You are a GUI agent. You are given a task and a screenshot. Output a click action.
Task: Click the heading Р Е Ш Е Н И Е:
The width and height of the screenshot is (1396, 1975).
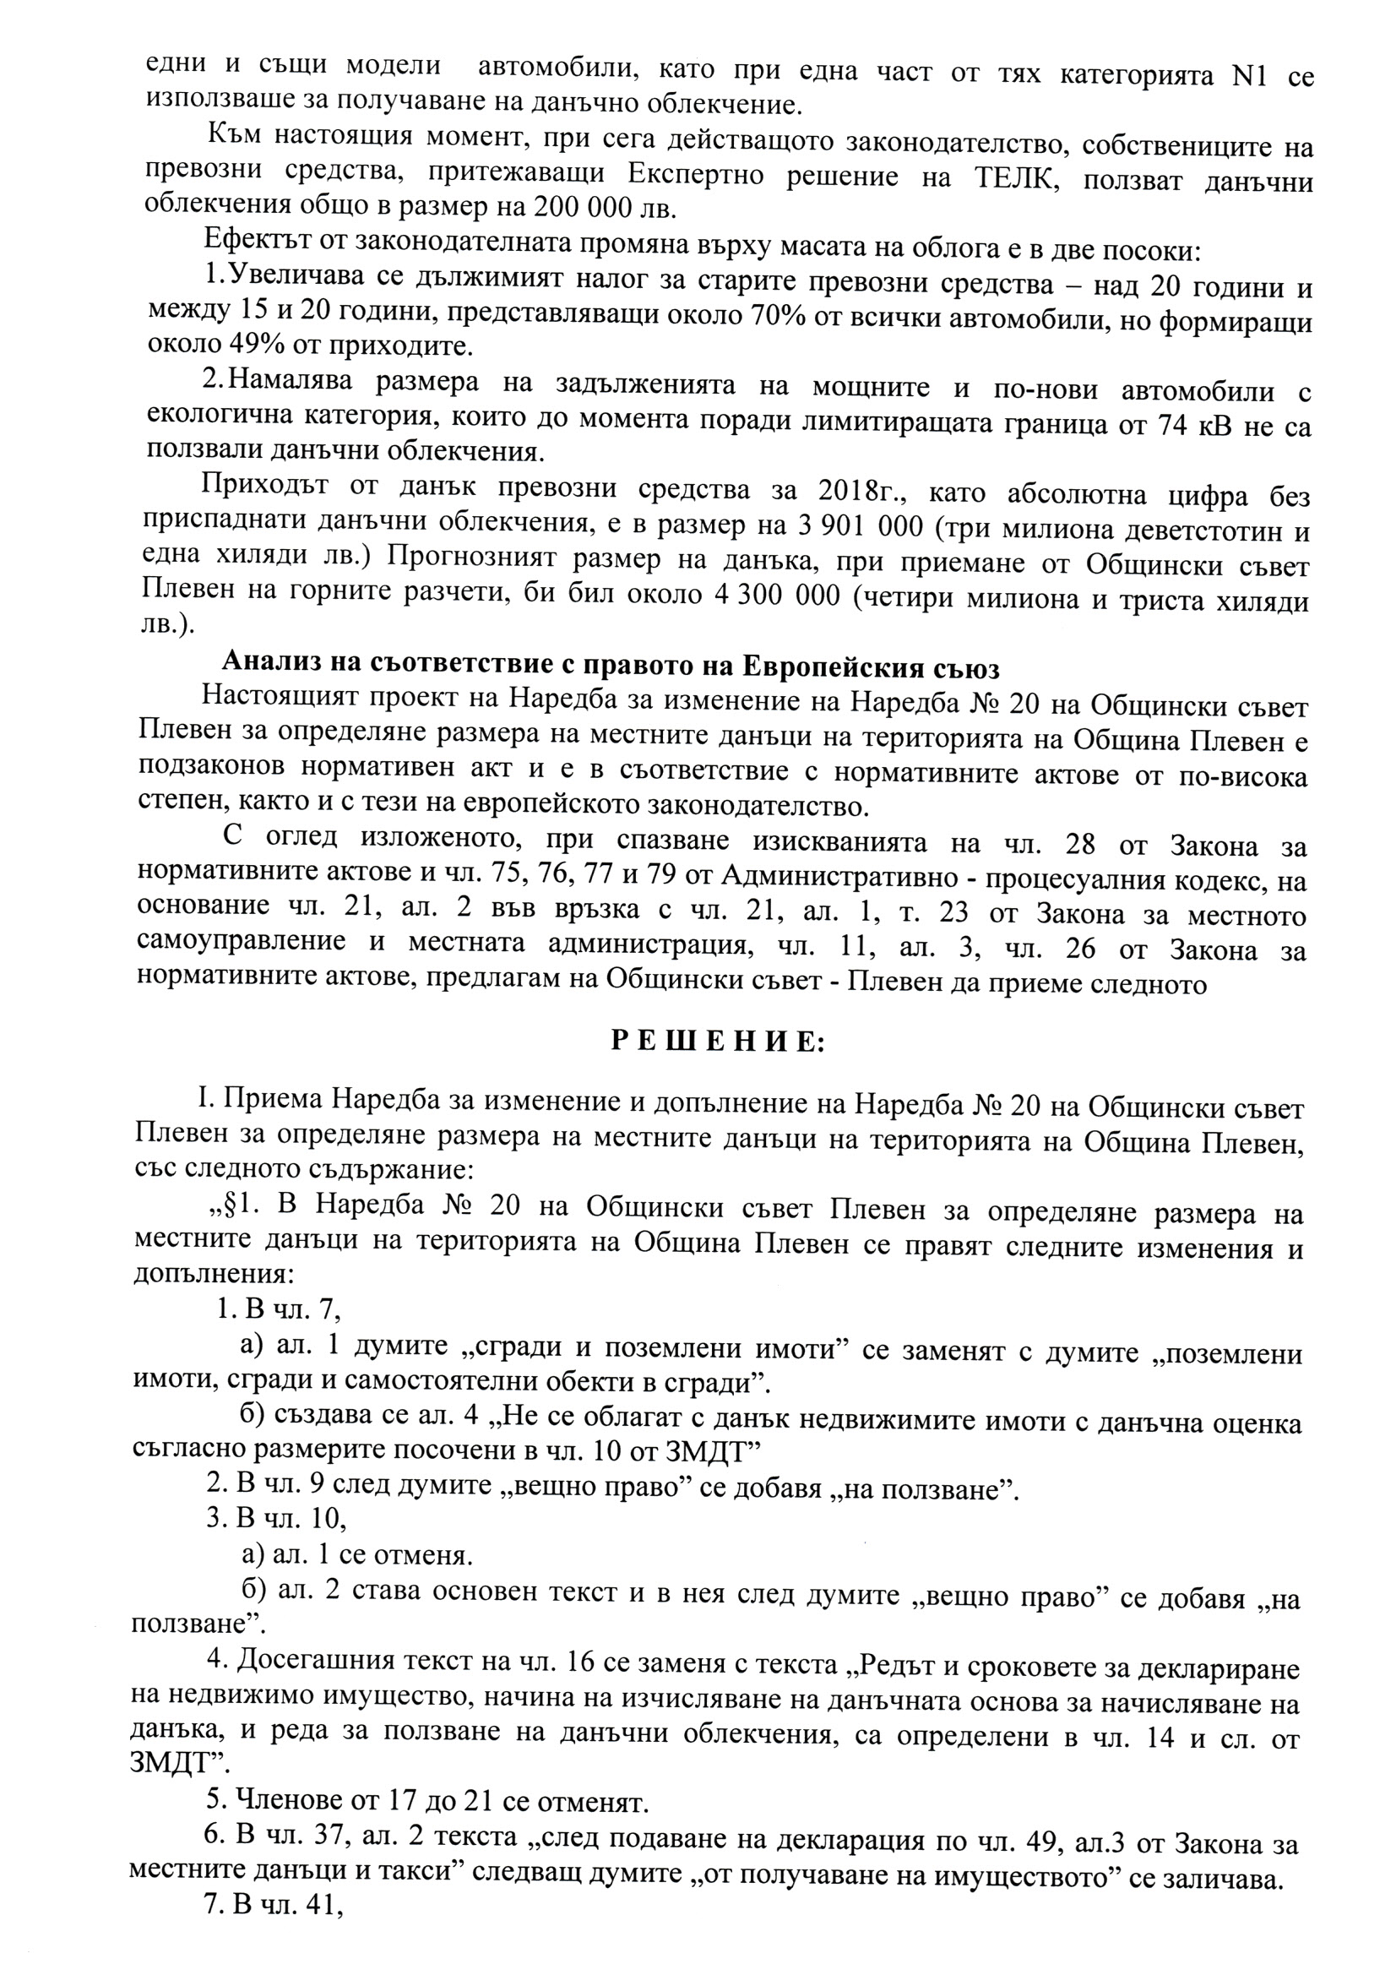(x=717, y=1042)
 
